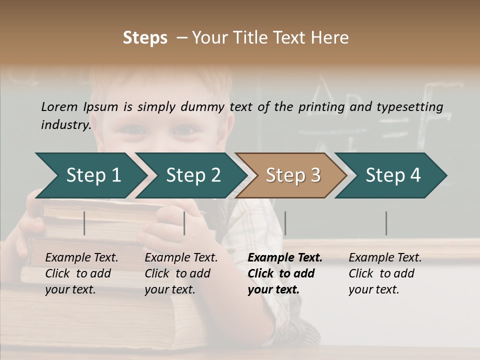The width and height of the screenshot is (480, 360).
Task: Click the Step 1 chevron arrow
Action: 93,175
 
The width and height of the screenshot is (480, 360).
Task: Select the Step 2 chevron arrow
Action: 193,175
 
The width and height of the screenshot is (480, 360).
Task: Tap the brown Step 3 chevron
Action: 292,175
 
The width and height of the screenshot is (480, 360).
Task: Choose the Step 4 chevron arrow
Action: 392,175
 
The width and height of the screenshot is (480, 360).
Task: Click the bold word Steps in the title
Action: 145,38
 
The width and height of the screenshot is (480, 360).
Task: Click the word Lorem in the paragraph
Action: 59,106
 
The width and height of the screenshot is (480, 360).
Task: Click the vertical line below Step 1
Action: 84,223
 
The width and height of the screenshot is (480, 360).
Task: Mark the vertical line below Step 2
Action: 184,223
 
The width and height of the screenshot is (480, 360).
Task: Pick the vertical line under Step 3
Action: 285,223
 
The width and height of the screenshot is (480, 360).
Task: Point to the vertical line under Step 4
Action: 386,223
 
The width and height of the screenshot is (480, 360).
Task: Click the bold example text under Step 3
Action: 284,273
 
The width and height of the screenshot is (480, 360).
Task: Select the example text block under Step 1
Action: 81,273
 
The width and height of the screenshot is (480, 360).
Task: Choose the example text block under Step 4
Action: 385,273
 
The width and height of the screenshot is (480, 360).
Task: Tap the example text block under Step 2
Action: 181,273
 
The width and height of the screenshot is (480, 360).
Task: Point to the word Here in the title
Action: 331,38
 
